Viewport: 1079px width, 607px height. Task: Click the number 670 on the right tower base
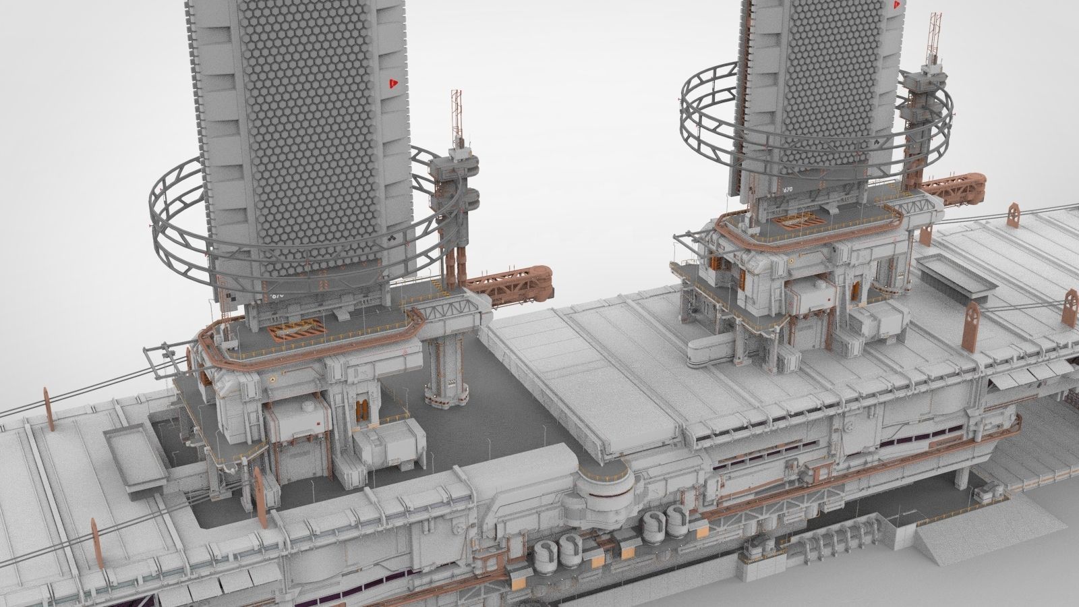pyautogui.click(x=787, y=190)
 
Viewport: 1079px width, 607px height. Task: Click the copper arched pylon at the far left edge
pyautogui.click(x=47, y=407)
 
